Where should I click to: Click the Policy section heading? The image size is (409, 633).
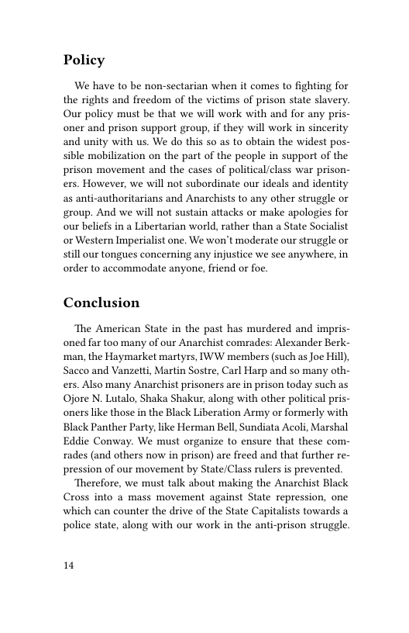[x=84, y=61]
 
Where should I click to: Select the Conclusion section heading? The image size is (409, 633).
[x=101, y=302]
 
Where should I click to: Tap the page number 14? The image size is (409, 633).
[x=69, y=566]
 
